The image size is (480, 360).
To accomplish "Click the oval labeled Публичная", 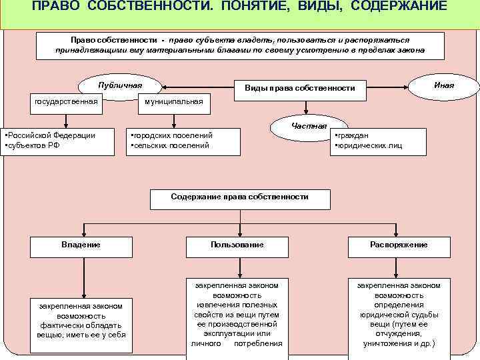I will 120,86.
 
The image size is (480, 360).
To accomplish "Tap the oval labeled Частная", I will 309,125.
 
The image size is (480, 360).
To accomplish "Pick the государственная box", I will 66,101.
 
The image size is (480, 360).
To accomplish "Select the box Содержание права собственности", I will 239,197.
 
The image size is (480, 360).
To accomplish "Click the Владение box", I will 81,245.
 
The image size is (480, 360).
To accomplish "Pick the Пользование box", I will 237,245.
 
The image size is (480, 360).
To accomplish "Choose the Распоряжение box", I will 399,245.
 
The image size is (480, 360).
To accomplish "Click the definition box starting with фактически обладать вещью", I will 81,320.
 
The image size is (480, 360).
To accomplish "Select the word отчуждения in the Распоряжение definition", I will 399,333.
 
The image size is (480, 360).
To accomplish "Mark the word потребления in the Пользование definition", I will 258,343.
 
